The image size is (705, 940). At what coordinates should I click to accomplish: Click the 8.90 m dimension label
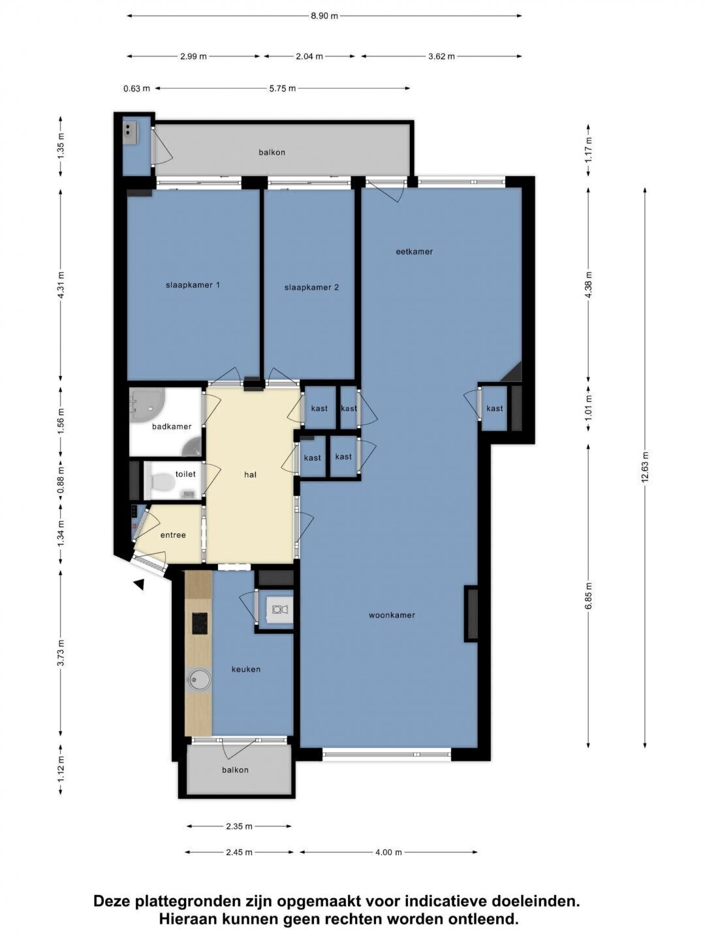pos(324,16)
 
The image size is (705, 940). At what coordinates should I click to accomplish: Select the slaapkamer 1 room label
pos(193,285)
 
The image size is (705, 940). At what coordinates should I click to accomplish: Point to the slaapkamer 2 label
pos(311,287)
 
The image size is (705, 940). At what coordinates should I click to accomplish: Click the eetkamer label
pos(414,252)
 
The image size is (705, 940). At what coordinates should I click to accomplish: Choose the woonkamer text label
pos(392,616)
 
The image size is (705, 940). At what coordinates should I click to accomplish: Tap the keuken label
pos(245,669)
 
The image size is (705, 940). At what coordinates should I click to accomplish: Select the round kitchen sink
pos(199,680)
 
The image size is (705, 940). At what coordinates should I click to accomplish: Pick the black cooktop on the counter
pos(200,623)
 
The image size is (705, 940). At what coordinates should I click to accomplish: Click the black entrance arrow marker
pos(139,584)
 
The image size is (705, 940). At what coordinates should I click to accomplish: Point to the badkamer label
pos(172,426)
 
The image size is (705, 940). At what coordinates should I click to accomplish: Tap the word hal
pos(250,475)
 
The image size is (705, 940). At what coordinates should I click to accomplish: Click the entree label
pos(173,535)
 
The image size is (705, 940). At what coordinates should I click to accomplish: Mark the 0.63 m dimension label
pos(136,89)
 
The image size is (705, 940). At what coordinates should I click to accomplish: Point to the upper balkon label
pos(272,153)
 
